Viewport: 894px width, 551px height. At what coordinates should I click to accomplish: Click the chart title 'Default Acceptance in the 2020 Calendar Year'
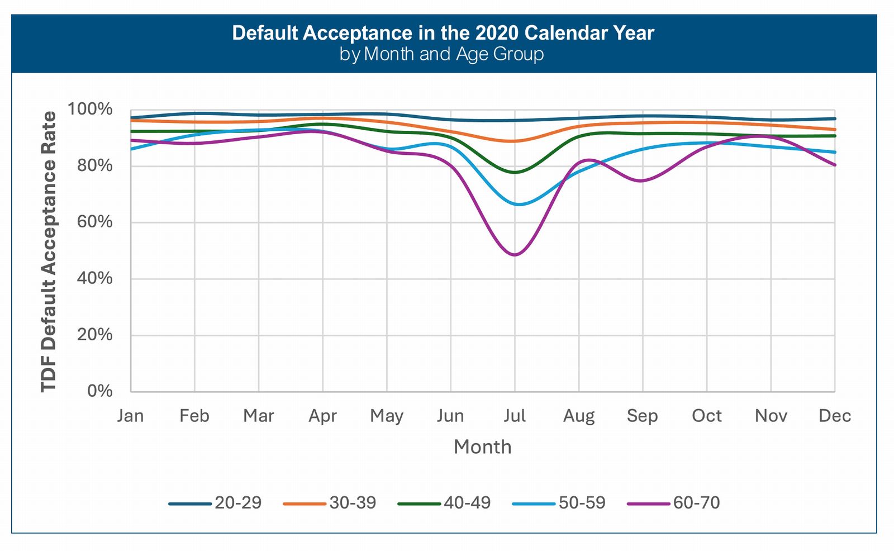tap(443, 33)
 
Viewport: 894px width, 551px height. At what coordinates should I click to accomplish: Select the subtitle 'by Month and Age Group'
tap(441, 54)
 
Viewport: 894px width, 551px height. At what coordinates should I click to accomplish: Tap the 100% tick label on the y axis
tap(90, 109)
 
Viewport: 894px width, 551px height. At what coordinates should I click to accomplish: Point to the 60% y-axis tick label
tap(94, 222)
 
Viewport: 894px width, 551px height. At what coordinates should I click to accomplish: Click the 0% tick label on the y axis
tap(99, 391)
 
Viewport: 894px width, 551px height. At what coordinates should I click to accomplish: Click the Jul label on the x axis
tap(515, 416)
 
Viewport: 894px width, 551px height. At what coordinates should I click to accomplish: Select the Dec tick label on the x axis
tap(834, 416)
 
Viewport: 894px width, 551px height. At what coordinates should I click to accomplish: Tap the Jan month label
tap(130, 416)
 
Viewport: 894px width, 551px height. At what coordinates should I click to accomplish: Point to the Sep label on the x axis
tap(642, 416)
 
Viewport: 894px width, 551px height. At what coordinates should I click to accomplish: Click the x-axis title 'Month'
tap(482, 447)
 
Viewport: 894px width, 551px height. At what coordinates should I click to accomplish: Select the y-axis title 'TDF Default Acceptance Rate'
tap(49, 251)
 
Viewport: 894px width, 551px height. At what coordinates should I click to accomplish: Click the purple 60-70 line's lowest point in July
tap(515, 255)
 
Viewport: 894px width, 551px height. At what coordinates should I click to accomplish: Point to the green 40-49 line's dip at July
tap(515, 172)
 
